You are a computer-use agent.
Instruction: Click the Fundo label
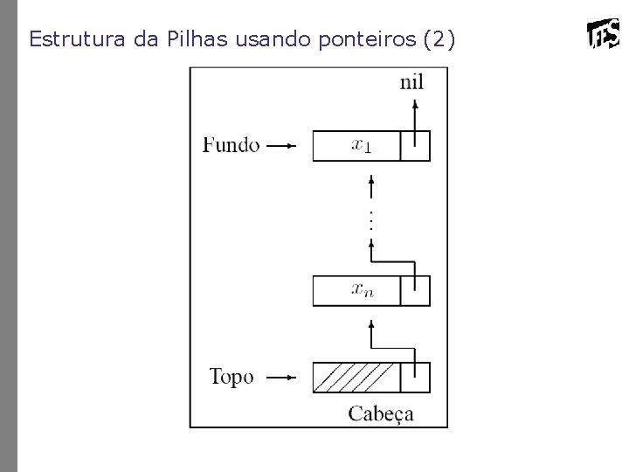(x=231, y=145)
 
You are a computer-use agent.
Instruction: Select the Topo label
(x=232, y=378)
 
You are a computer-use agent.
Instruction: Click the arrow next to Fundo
(x=281, y=146)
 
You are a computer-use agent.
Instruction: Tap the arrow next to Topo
(x=281, y=378)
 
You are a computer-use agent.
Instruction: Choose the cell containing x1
(x=356, y=146)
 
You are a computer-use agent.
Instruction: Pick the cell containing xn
(x=356, y=290)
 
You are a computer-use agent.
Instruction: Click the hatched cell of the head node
(x=356, y=378)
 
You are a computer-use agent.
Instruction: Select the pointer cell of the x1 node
(x=415, y=146)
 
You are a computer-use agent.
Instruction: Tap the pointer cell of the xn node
(x=415, y=290)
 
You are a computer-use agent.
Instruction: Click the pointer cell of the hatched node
(x=415, y=378)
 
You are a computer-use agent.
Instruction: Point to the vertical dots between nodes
(x=371, y=219)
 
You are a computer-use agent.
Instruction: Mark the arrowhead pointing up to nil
(x=415, y=102)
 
